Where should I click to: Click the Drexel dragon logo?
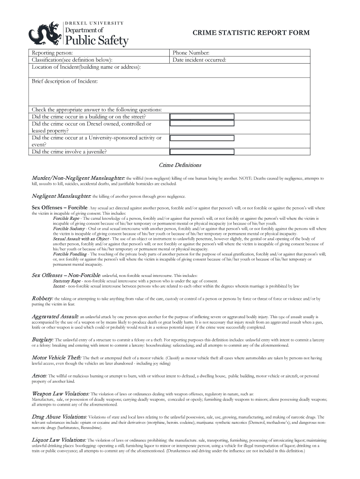tap(44, 34)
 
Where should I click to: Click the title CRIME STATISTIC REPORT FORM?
tap(251, 32)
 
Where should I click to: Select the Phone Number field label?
tap(191, 53)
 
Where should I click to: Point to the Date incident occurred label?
tap(199, 60)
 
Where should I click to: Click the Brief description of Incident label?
tap(65, 81)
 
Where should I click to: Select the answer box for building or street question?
tap(202, 116)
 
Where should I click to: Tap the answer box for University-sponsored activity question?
tap(202, 138)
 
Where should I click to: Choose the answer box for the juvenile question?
tap(202, 152)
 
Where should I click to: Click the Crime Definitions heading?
tap(180, 165)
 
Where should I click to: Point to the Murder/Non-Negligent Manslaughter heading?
tap(78, 178)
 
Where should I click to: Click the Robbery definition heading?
tap(42, 298)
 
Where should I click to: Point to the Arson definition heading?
tap(39, 376)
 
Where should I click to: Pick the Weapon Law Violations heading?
tap(60, 394)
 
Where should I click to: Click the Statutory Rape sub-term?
tap(67, 281)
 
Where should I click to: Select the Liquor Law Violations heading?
tap(58, 440)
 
